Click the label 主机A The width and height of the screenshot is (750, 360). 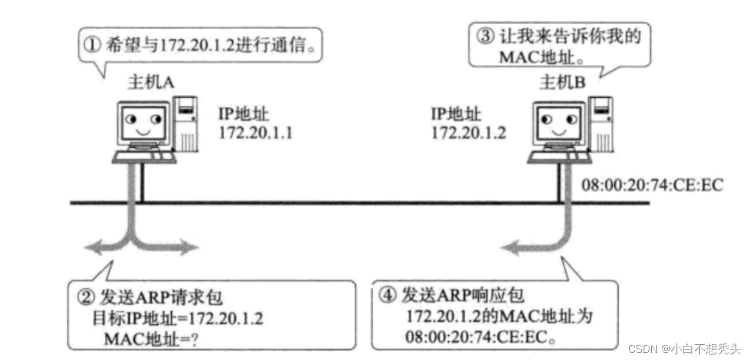pos(151,83)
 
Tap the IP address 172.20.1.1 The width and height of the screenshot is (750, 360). pos(255,133)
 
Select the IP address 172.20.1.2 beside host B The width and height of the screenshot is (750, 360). pos(469,133)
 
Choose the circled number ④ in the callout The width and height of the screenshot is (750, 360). pos(388,296)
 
